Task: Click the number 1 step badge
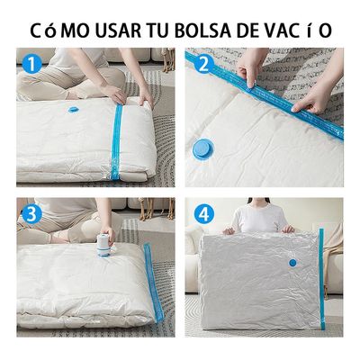tap(33, 65)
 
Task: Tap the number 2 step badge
tap(203, 65)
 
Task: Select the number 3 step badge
tap(33, 214)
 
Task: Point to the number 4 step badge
tap(203, 215)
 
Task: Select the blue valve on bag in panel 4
tap(292, 263)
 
